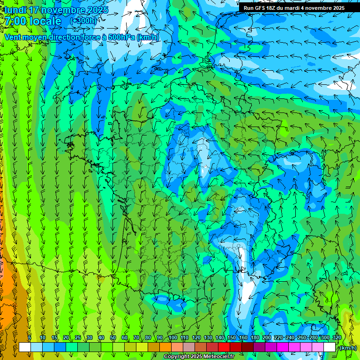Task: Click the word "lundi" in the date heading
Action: point(15,10)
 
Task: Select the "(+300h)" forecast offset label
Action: point(83,21)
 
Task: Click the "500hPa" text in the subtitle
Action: point(118,37)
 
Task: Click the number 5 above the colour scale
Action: point(30,338)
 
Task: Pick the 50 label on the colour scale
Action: point(113,338)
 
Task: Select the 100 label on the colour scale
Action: point(172,338)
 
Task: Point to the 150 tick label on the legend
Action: point(231,338)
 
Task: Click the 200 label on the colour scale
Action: point(266,338)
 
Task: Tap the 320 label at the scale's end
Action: point(336,338)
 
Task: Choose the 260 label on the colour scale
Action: point(301,338)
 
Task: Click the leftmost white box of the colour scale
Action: point(25,347)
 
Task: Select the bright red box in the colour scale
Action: point(224,347)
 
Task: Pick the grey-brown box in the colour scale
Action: point(189,347)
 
